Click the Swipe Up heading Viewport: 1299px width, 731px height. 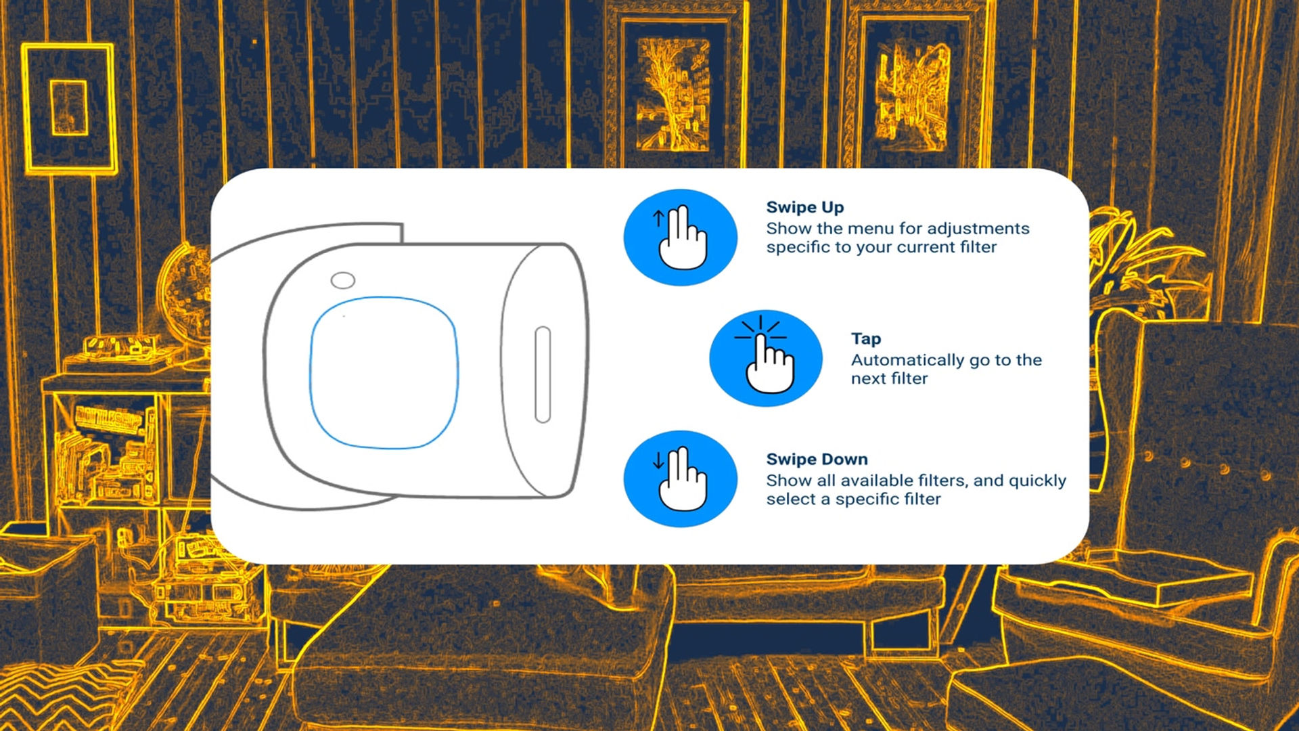coord(804,208)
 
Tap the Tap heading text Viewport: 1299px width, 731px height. coord(866,339)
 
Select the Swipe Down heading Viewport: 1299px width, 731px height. coord(817,459)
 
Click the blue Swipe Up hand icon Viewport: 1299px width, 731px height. coord(680,237)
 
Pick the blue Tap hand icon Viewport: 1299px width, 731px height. coord(766,358)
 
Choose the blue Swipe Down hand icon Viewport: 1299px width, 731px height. coord(680,479)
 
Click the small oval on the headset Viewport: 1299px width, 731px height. coord(342,280)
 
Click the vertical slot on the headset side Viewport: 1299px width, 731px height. coord(543,374)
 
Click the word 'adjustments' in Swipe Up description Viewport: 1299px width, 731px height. coord(978,229)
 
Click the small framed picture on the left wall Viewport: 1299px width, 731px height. coord(70,108)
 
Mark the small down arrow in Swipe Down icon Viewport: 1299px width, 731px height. coord(658,461)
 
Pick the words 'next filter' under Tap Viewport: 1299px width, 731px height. coord(889,378)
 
